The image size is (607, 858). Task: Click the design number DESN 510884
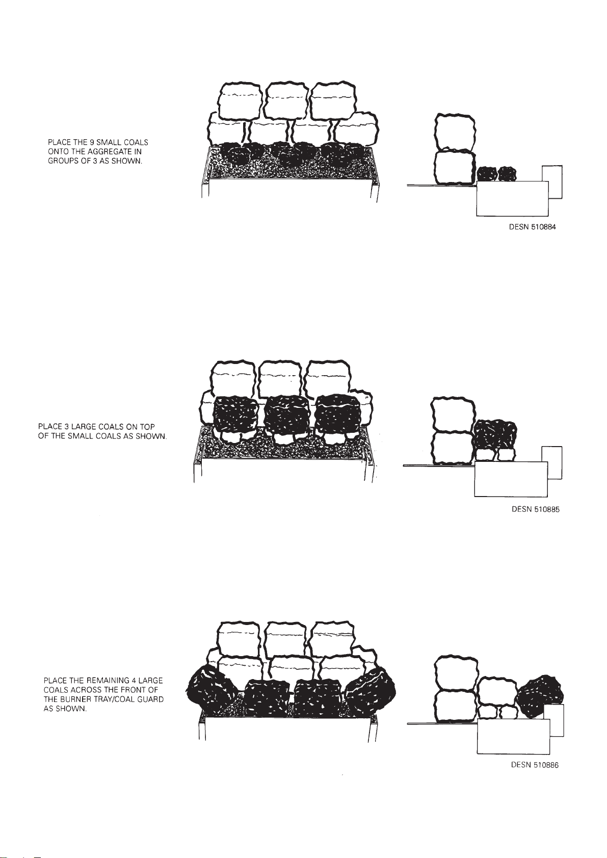pyautogui.click(x=532, y=227)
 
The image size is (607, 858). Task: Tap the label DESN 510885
pyautogui.click(x=536, y=509)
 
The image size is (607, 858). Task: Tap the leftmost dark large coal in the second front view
pyautogui.click(x=234, y=415)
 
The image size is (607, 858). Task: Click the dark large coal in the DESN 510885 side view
pyautogui.click(x=495, y=435)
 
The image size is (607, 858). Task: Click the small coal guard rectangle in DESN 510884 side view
pyautogui.click(x=552, y=182)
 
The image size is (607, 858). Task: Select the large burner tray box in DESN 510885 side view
pyautogui.click(x=511, y=479)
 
